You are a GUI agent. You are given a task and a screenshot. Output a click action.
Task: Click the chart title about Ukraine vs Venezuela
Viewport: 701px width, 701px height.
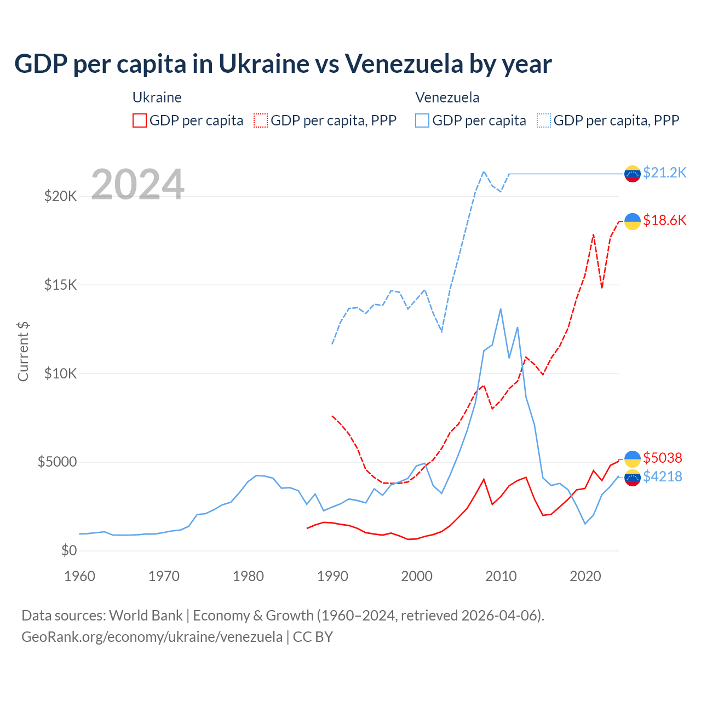[283, 64]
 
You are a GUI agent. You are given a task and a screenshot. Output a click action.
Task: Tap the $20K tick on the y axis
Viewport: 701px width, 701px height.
[60, 196]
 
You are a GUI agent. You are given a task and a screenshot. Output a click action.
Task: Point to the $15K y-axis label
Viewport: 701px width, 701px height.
[60, 285]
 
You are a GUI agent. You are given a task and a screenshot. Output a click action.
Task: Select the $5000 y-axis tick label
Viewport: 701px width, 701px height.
[57, 462]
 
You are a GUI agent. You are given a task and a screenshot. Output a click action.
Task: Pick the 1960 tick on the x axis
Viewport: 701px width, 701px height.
[80, 576]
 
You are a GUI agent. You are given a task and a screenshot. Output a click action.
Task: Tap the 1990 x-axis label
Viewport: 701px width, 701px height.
[332, 576]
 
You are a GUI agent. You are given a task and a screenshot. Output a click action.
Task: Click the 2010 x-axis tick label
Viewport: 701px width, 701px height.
[501, 576]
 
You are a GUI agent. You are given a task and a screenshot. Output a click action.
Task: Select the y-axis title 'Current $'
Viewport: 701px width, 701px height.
[23, 352]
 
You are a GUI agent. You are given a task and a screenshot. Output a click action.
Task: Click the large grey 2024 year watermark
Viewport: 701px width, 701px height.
[137, 184]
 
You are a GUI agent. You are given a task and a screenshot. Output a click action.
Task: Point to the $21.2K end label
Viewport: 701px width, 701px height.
[664, 173]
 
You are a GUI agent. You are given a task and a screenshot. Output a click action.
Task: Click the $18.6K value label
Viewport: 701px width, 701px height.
[664, 220]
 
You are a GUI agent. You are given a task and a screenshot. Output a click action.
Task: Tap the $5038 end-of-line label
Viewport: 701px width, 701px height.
[663, 458]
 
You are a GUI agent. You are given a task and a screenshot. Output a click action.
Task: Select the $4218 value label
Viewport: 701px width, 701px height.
[663, 477]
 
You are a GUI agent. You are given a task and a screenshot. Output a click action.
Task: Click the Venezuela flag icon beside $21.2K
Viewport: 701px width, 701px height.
[633, 174]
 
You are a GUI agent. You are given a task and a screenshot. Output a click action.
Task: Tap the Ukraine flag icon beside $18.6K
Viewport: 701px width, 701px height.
[633, 221]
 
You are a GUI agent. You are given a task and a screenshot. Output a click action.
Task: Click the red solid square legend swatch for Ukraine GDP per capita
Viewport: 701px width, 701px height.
[140, 120]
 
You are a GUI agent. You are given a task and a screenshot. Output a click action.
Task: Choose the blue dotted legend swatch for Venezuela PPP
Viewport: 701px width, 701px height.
[544, 120]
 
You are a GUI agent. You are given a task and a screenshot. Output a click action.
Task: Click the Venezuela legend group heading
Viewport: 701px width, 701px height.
[447, 97]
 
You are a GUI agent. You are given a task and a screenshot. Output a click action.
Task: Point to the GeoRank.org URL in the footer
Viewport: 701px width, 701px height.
[152, 637]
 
